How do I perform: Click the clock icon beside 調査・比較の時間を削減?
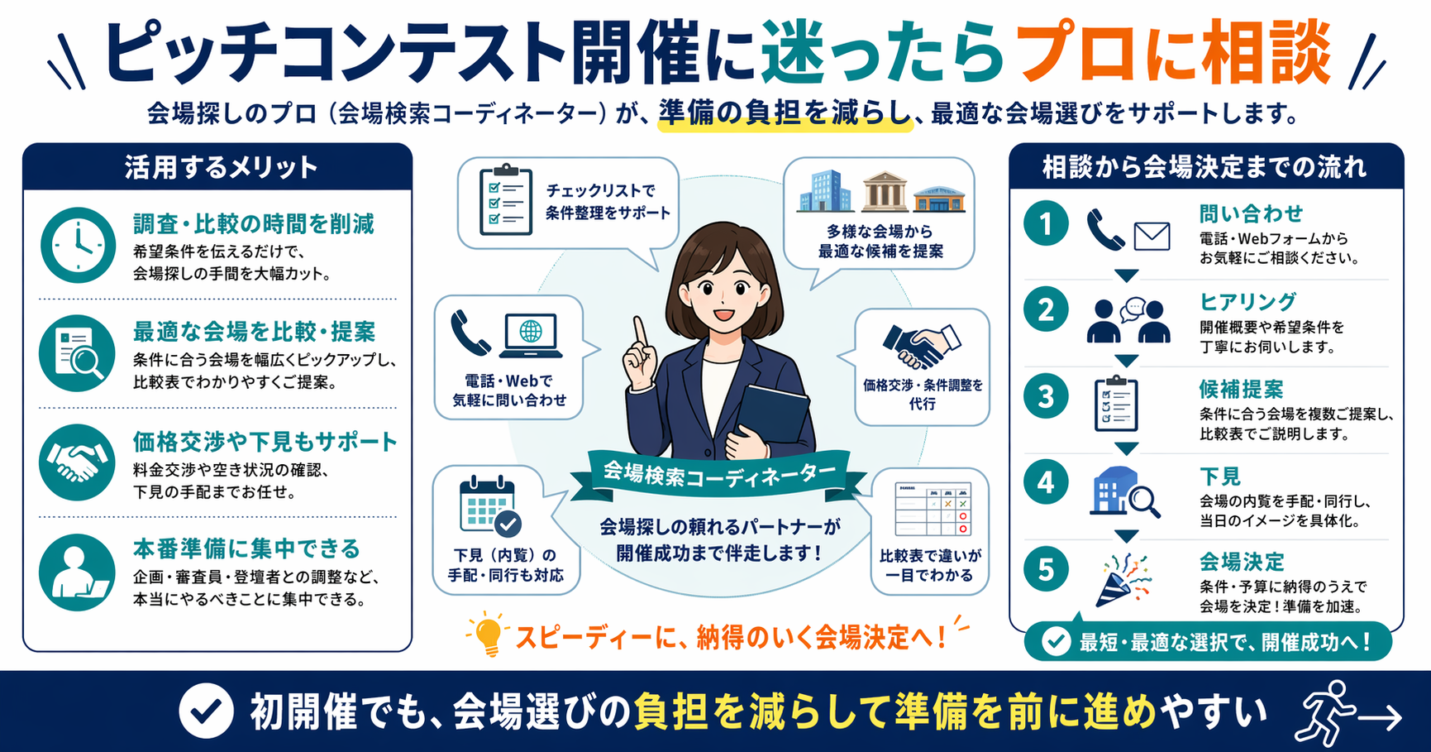(78, 245)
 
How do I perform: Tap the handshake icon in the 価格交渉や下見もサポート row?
(77, 462)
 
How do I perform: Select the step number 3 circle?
(1046, 396)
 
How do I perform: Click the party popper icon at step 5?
(1125, 579)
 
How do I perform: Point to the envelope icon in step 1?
(1152, 237)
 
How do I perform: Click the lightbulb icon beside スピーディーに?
(488, 635)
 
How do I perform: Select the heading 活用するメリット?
(220, 167)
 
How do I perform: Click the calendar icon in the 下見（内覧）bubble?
(489, 505)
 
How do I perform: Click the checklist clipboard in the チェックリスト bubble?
(505, 199)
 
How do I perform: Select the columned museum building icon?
(884, 192)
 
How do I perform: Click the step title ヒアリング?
(1247, 302)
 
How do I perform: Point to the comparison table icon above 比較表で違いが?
(932, 510)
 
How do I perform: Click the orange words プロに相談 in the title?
(1172, 54)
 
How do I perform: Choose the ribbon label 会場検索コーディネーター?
(719, 475)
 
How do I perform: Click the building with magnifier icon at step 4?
(1123, 492)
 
